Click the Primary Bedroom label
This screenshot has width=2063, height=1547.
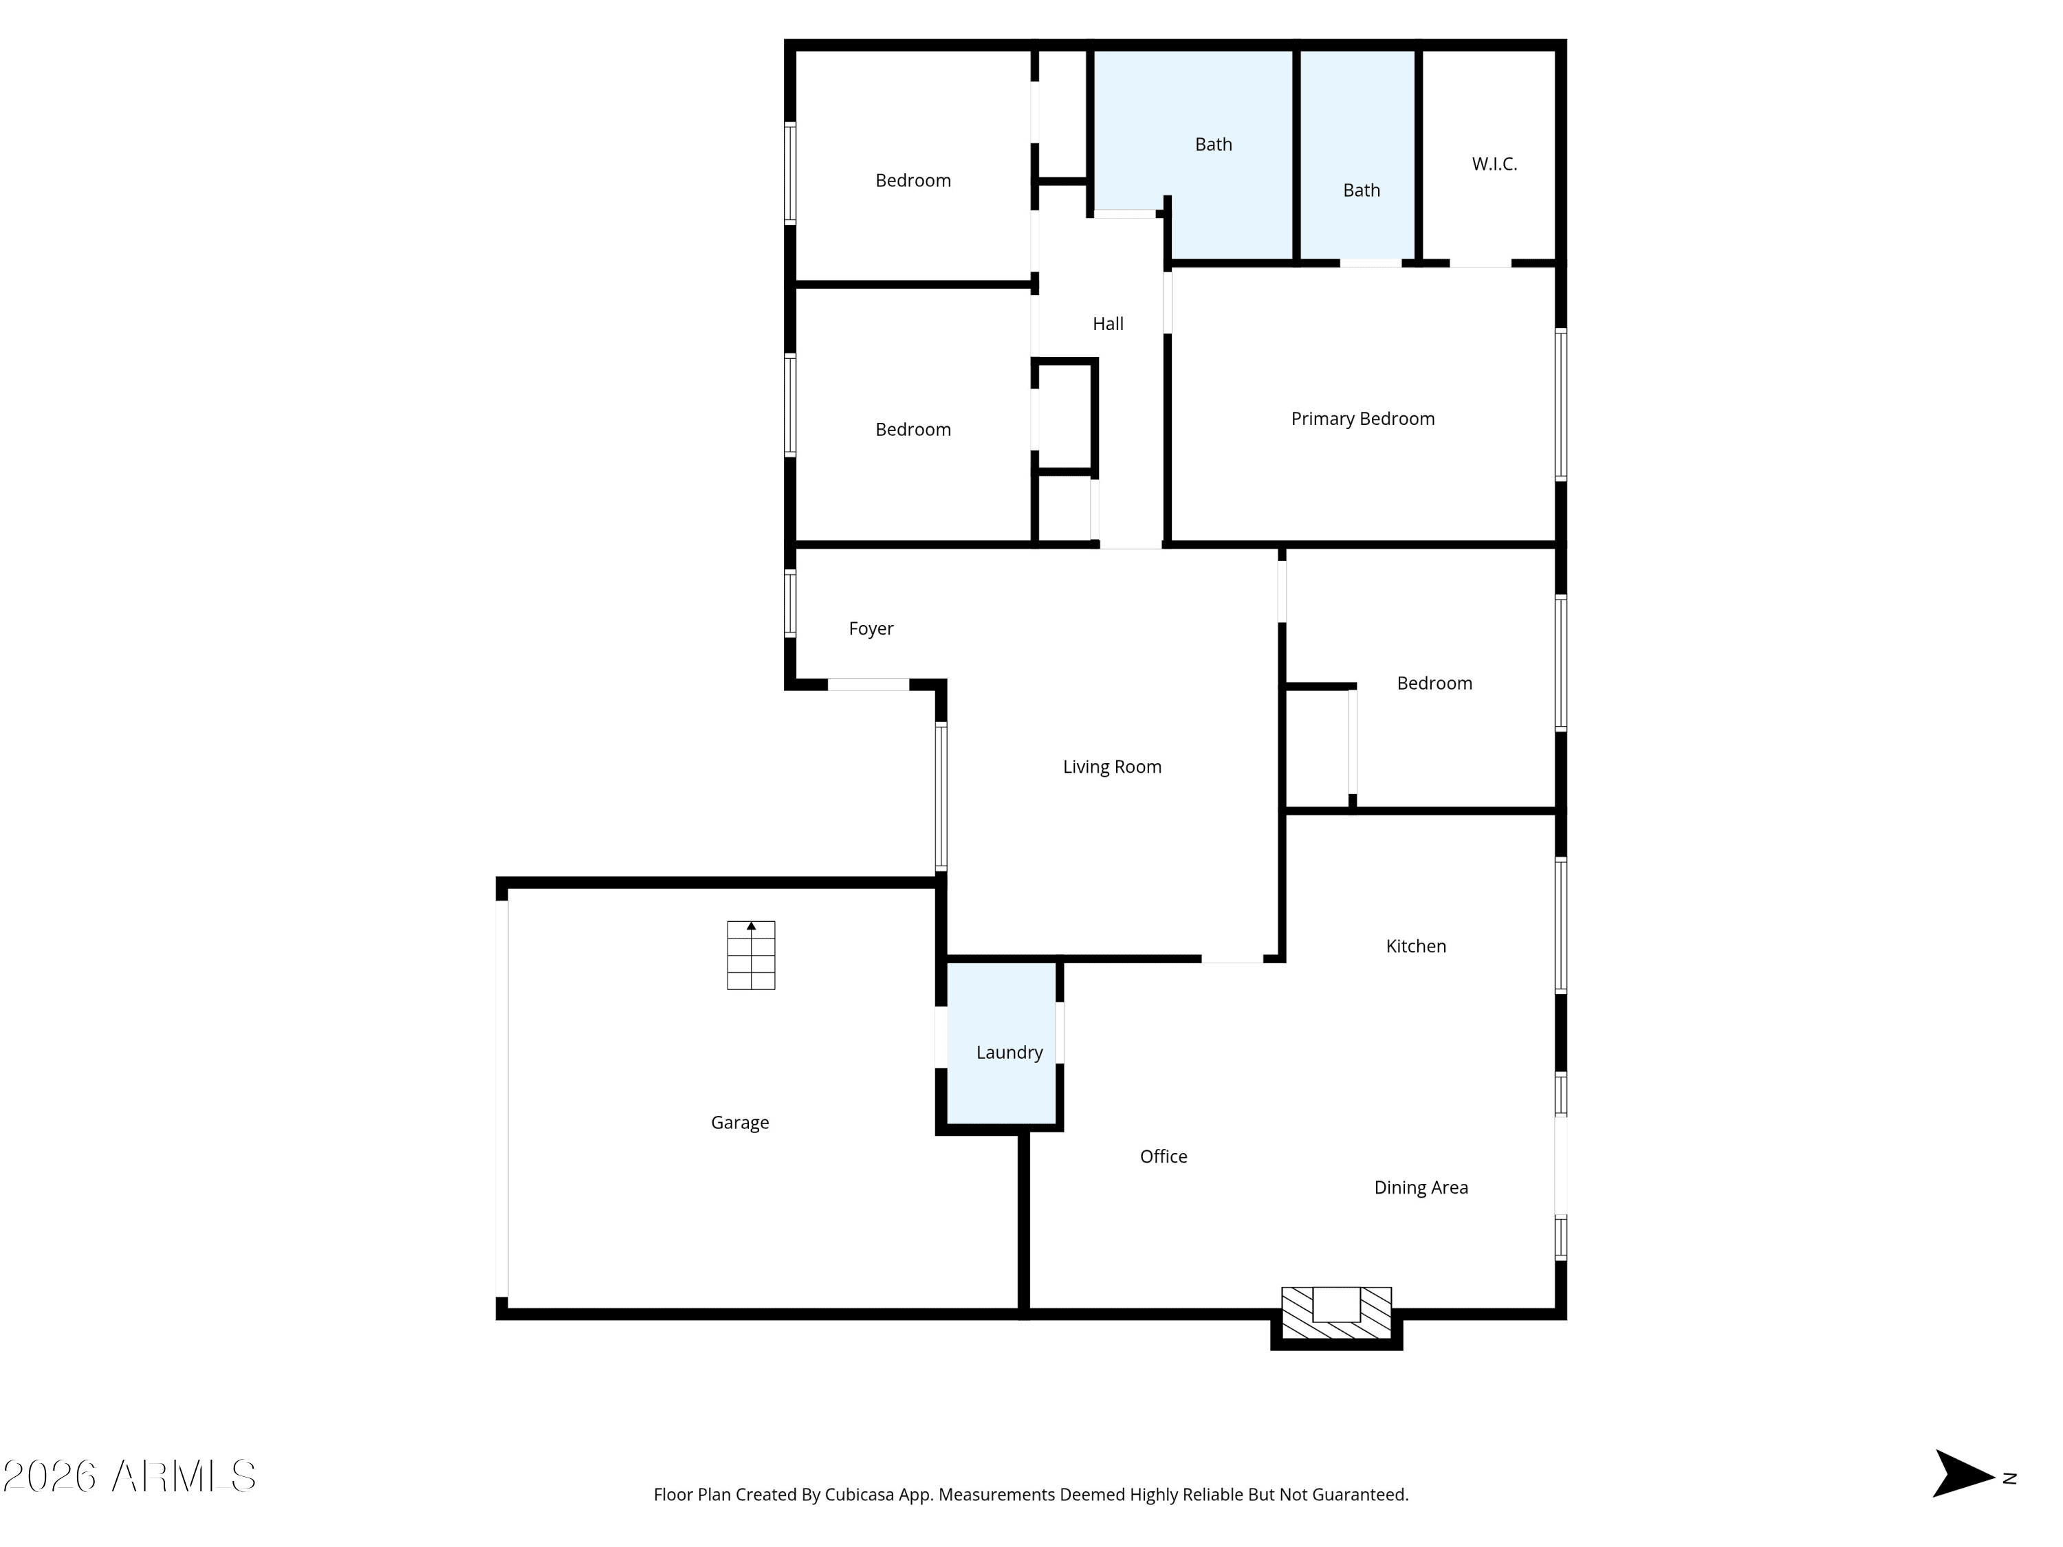pyautogui.click(x=1362, y=419)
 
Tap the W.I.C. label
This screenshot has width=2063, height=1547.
pyautogui.click(x=1494, y=164)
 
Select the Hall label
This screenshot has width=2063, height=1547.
pyautogui.click(x=1107, y=324)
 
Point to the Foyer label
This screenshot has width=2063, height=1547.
pyautogui.click(x=870, y=628)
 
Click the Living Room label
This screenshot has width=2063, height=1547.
pyautogui.click(x=1112, y=767)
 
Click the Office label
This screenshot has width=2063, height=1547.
pyautogui.click(x=1163, y=1156)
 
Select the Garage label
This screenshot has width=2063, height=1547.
pyautogui.click(x=739, y=1122)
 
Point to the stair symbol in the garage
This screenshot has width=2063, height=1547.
pyautogui.click(x=751, y=955)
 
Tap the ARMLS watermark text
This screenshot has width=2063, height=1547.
pyautogui.click(x=130, y=1476)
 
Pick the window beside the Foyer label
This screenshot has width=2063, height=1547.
pyautogui.click(x=790, y=603)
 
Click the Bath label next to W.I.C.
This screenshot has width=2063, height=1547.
pyautogui.click(x=1361, y=190)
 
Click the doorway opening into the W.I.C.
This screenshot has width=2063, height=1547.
pyautogui.click(x=1480, y=264)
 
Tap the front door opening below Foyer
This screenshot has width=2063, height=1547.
pyautogui.click(x=869, y=684)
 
